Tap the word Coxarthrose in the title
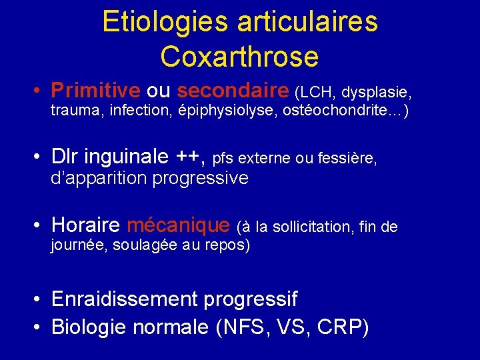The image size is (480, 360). pyautogui.click(x=239, y=57)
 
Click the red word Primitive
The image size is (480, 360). pyautogui.click(x=95, y=89)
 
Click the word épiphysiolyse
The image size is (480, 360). pyautogui.click(x=219, y=110)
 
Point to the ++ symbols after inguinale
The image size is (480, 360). pyautogui.click(x=192, y=157)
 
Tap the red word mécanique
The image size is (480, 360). pyautogui.click(x=179, y=225)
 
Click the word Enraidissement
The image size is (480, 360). pyautogui.click(x=125, y=299)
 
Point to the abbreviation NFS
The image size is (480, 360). pyautogui.click(x=249, y=327)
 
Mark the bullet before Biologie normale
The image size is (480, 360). pyautogui.click(x=40, y=327)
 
